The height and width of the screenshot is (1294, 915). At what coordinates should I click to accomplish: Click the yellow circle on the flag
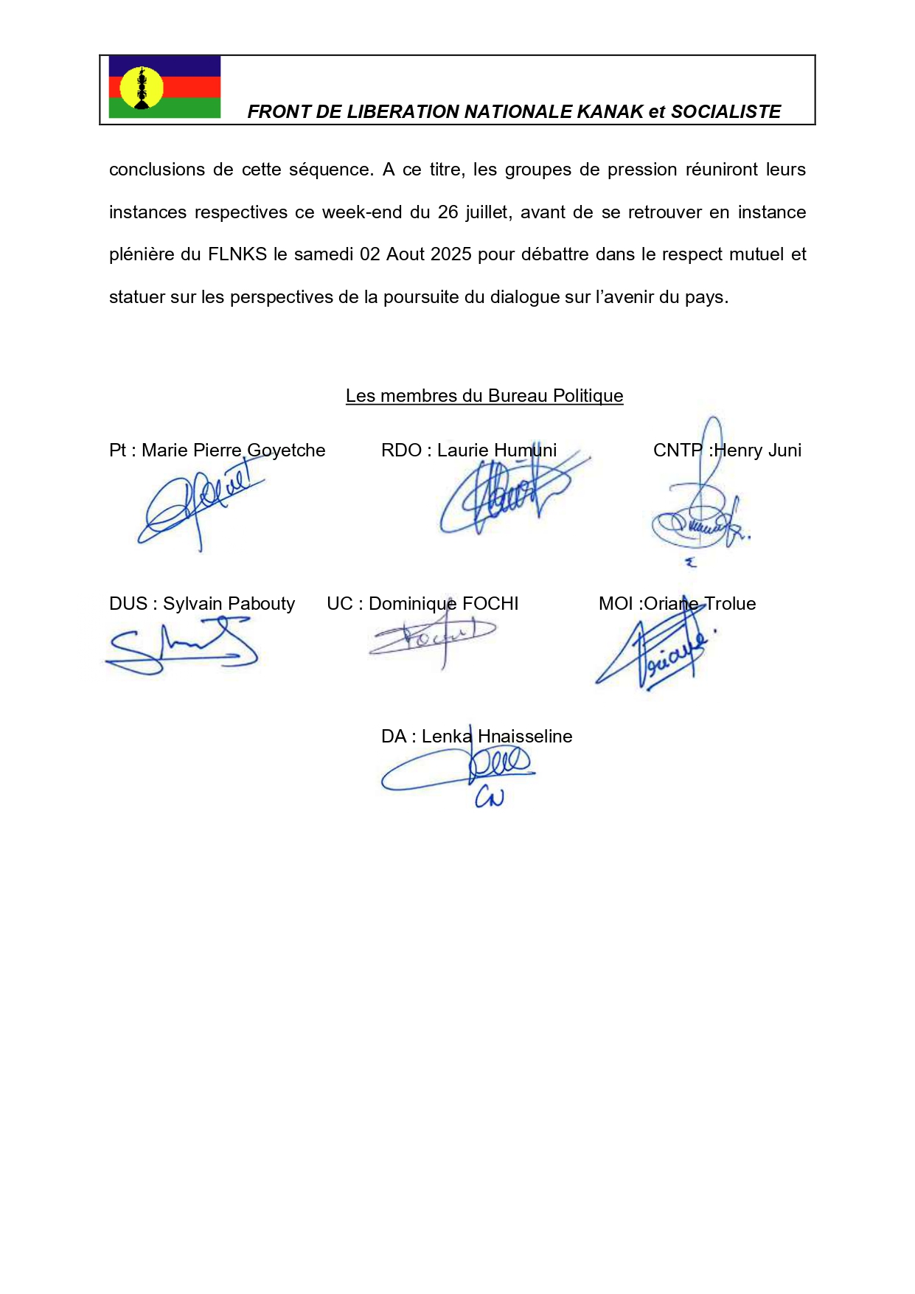pos(141,88)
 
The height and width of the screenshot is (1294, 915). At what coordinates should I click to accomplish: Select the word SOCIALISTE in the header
pos(726,112)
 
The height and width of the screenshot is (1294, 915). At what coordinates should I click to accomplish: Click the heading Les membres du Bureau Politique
pos(484,396)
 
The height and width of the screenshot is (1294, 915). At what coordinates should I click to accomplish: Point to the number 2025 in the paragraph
pos(450,254)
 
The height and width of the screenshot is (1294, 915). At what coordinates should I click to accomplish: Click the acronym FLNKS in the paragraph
pos(237,254)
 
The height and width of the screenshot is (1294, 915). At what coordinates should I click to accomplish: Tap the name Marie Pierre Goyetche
pos(233,451)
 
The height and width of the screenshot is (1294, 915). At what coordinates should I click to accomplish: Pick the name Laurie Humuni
pos(496,451)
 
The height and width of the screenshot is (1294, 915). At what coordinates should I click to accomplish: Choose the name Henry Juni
pos(757,451)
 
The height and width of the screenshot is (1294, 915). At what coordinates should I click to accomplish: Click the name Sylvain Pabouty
pos(229,604)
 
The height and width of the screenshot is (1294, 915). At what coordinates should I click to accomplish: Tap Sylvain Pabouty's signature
pos(181,646)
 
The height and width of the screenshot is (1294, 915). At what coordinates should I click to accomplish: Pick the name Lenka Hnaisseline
pos(497,737)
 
